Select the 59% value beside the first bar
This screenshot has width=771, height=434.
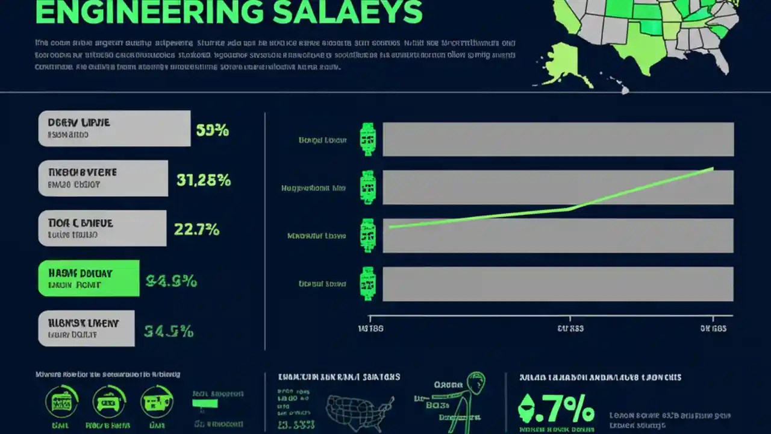[x=212, y=130]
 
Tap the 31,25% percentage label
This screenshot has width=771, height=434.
[x=204, y=180]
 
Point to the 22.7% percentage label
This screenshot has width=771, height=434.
[x=196, y=229]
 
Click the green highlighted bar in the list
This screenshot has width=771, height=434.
[x=89, y=278]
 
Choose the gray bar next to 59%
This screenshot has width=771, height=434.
[x=114, y=128]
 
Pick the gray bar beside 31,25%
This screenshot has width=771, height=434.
[x=103, y=178]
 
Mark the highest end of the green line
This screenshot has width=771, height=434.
[x=713, y=168]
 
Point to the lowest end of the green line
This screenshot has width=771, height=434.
[x=390, y=227]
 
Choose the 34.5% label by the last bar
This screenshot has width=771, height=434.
[x=169, y=331]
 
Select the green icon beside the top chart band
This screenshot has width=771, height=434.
[x=367, y=140]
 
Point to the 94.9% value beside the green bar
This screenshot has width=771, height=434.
[x=171, y=280]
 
